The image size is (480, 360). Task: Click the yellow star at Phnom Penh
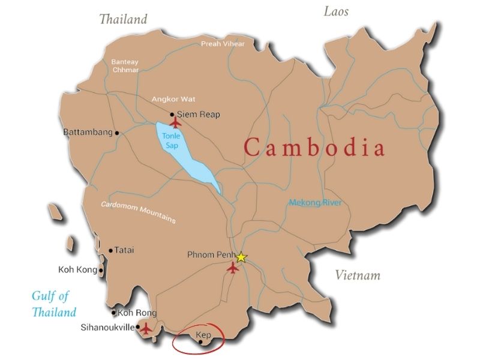click(241, 257)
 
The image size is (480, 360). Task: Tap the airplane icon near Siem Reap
click(175, 122)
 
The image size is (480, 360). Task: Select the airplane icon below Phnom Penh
click(233, 268)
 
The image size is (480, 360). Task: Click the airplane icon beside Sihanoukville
click(145, 328)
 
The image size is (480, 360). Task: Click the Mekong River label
click(315, 203)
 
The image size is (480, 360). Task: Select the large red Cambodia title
click(314, 148)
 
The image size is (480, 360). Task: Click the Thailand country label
click(123, 19)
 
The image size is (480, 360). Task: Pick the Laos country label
click(336, 11)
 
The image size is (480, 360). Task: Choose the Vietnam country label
click(358, 275)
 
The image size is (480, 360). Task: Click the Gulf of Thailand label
click(54, 303)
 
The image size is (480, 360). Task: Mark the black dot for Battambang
click(117, 133)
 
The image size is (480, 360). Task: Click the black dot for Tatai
click(110, 251)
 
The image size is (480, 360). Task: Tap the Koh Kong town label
click(77, 270)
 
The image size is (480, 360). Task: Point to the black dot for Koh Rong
click(113, 313)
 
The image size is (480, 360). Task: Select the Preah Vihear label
click(223, 44)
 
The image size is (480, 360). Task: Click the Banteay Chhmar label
click(125, 65)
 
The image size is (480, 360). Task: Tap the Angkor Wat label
click(173, 99)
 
